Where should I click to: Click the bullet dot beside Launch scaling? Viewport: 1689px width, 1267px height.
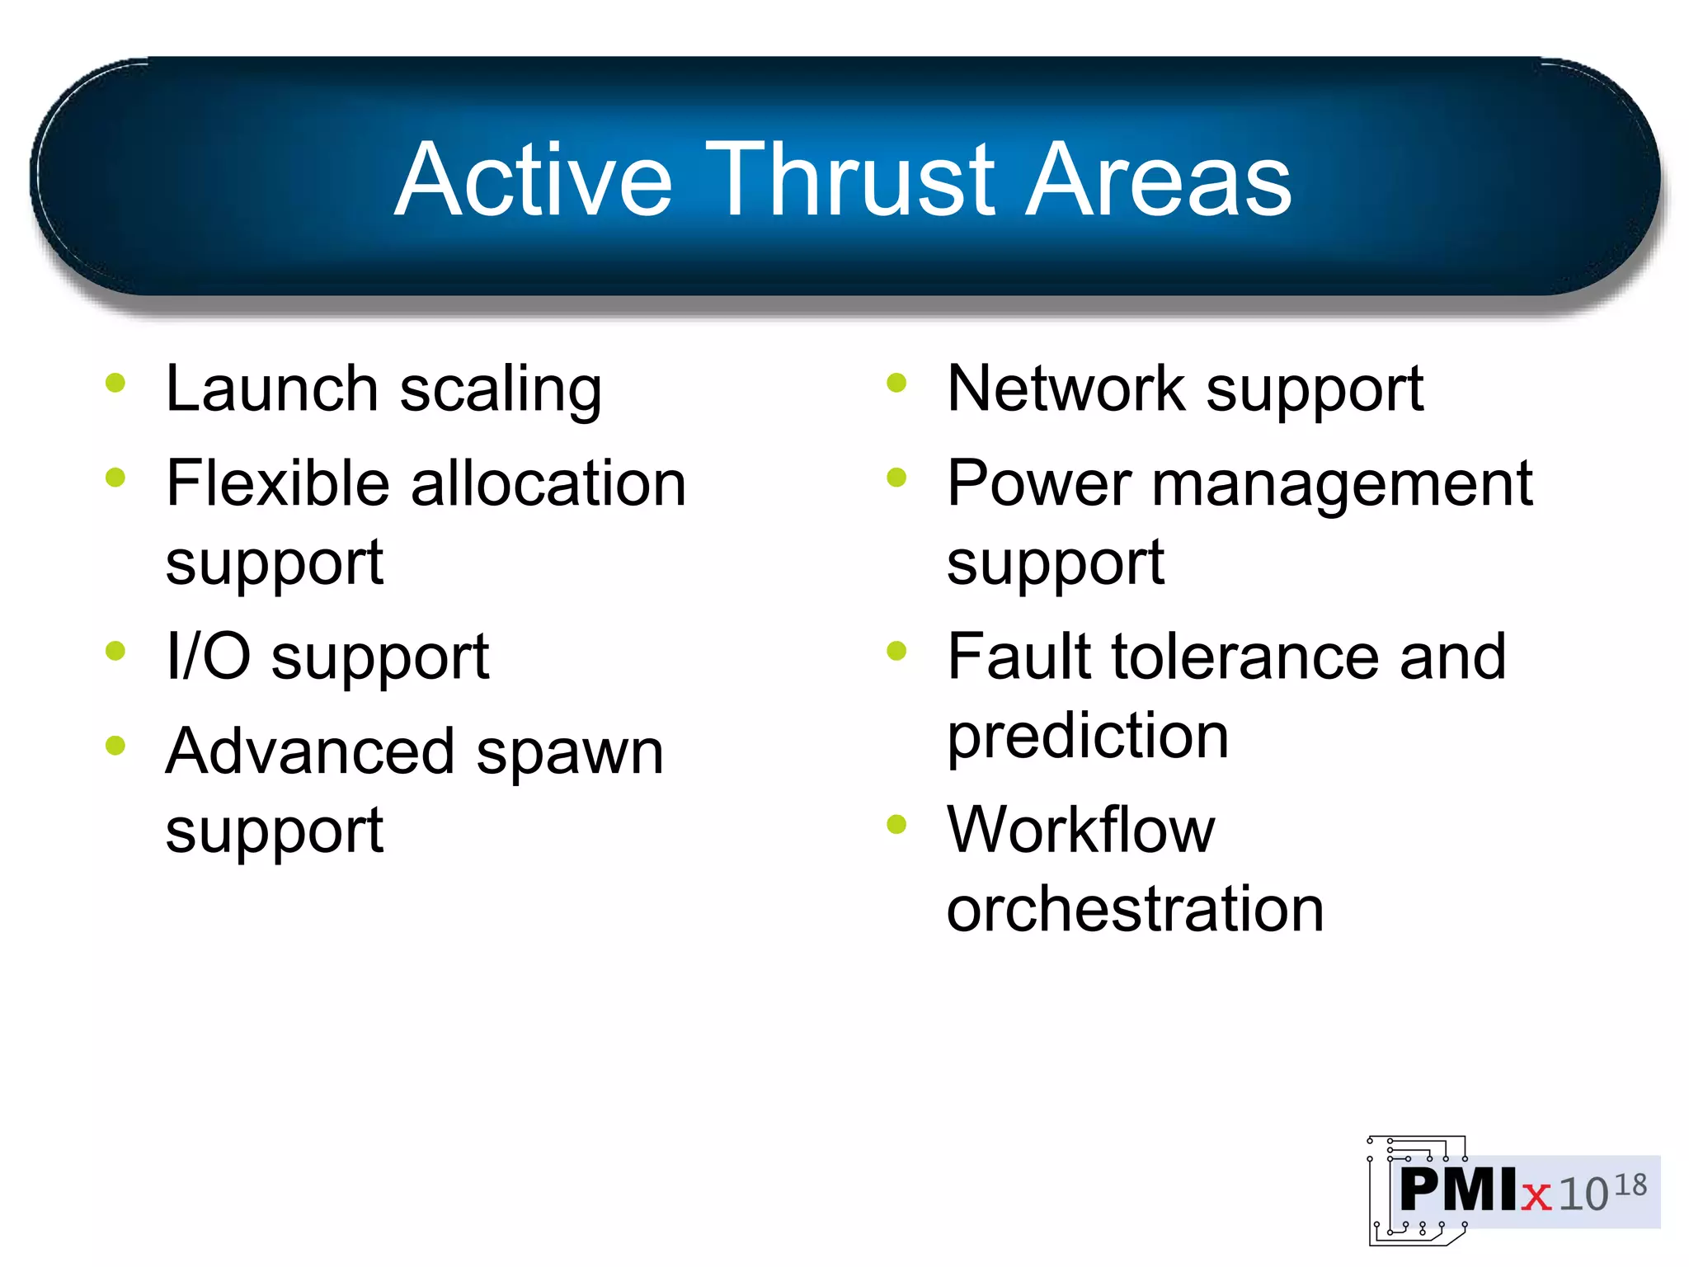115,383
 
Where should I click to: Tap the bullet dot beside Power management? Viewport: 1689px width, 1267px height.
896,478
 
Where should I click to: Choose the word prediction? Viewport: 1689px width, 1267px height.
1088,737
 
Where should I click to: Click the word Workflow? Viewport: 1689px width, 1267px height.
1080,829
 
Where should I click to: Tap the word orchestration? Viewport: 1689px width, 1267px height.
1135,908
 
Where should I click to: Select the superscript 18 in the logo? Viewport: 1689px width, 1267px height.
1630,1185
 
